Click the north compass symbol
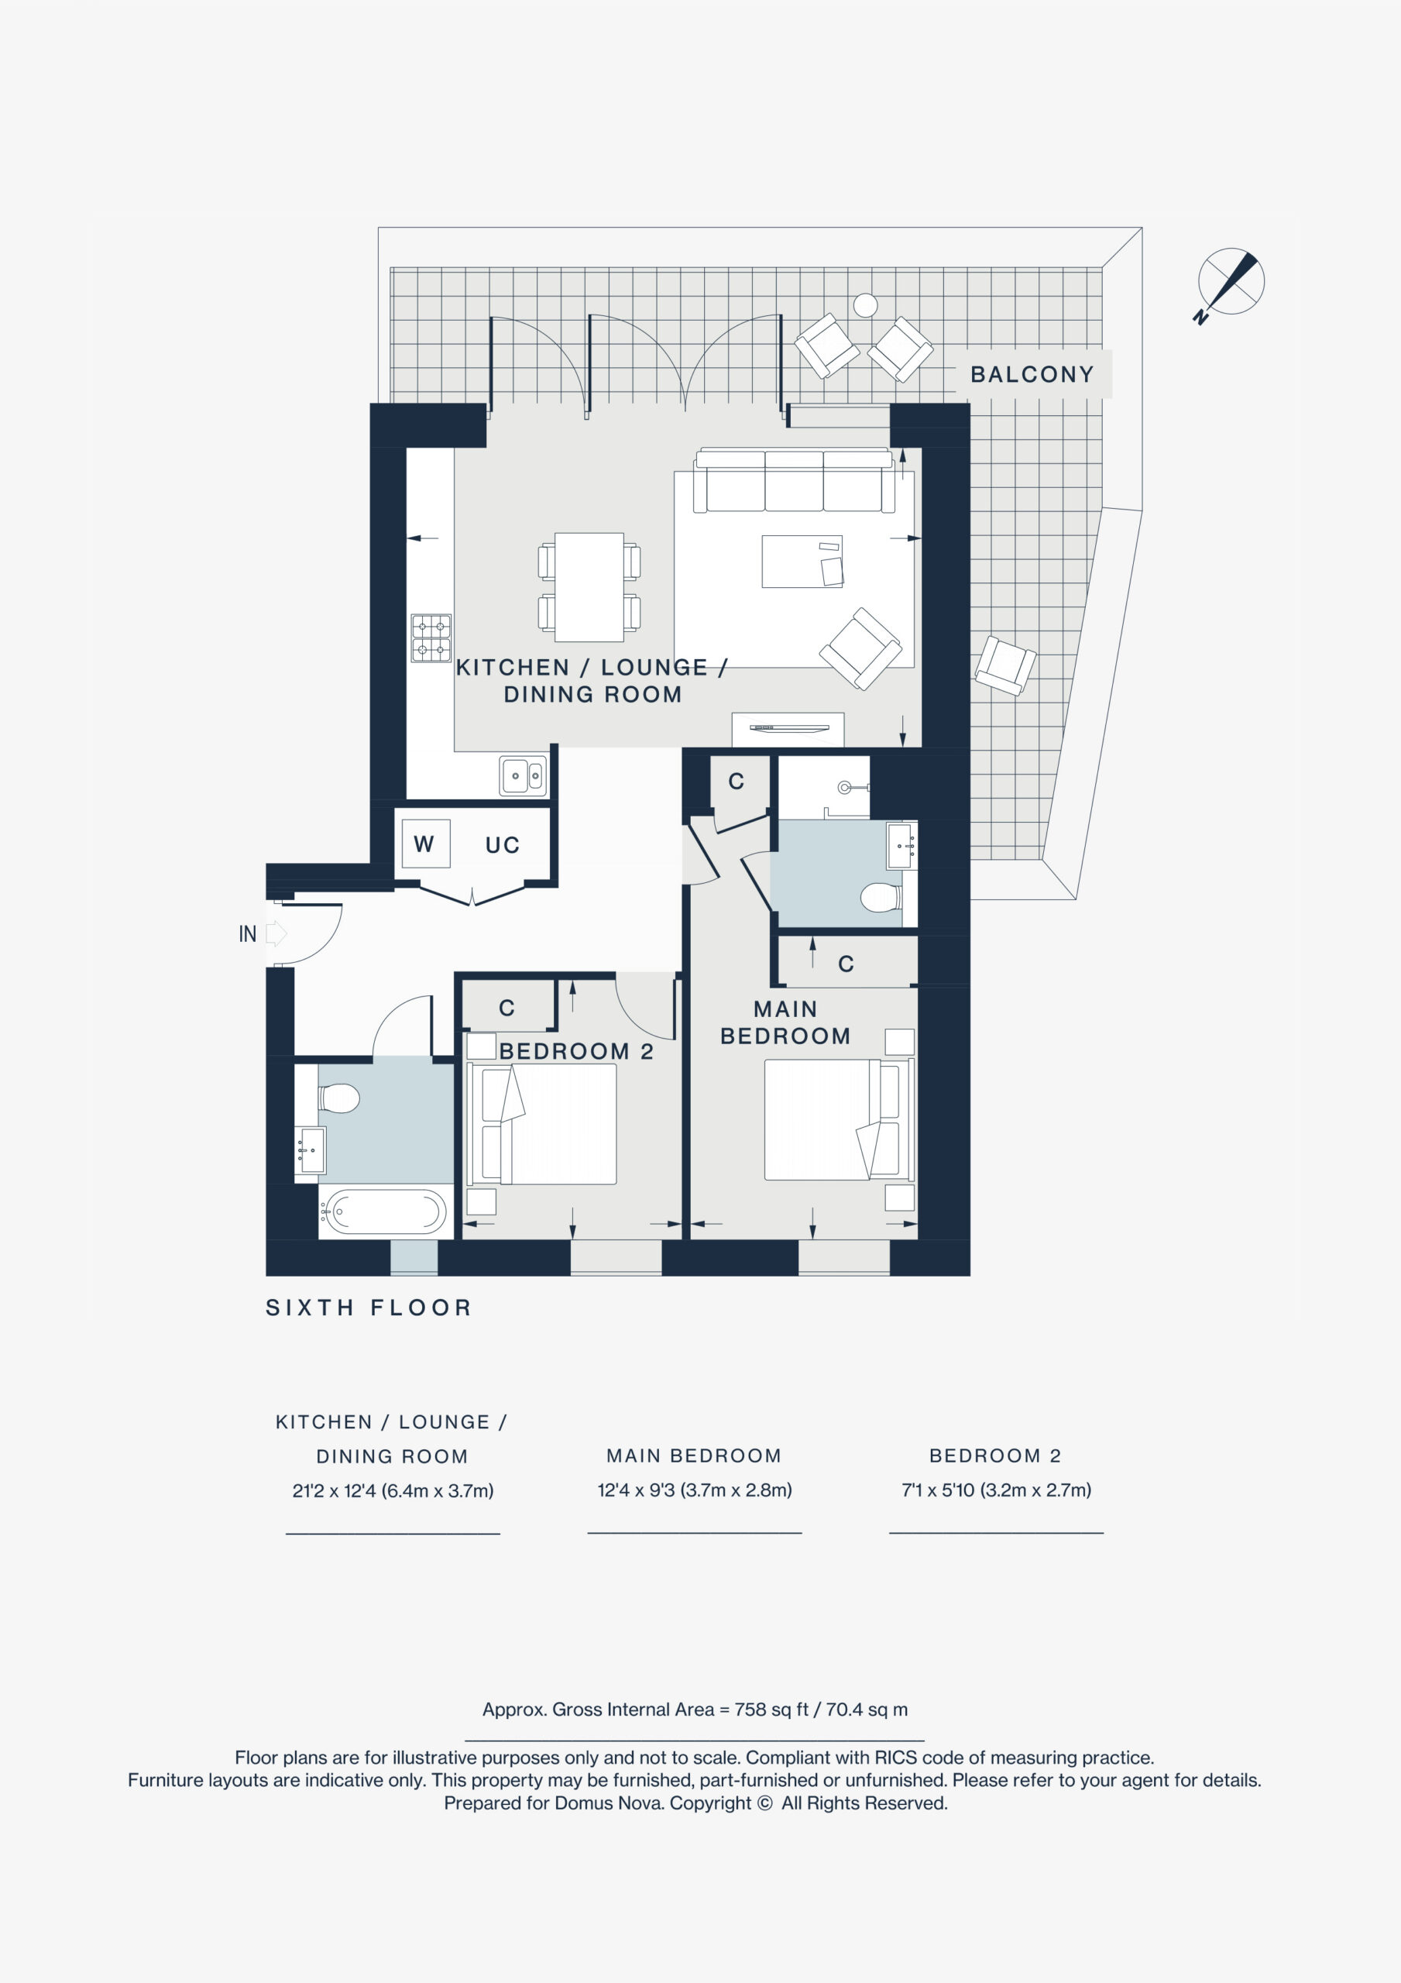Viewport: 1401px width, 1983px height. (1230, 284)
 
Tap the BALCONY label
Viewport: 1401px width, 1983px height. (1032, 374)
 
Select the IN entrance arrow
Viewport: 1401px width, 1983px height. (276, 933)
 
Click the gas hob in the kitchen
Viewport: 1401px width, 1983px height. (431, 638)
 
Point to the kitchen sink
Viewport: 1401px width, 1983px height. (523, 775)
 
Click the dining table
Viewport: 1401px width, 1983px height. (589, 586)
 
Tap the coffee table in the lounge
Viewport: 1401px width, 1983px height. (802, 562)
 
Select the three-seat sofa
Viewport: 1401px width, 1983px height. (794, 480)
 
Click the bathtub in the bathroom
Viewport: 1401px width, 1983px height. (385, 1211)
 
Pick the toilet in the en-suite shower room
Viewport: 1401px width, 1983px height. (882, 897)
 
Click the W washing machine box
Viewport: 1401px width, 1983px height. (426, 843)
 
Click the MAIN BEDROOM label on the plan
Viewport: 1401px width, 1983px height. (785, 1022)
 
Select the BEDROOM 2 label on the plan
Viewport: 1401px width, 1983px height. (576, 1051)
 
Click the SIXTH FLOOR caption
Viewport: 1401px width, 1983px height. (369, 1308)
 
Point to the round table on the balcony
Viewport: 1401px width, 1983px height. (866, 305)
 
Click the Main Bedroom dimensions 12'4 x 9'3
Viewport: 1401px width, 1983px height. (695, 1490)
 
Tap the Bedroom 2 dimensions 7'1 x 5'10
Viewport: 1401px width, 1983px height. (996, 1490)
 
